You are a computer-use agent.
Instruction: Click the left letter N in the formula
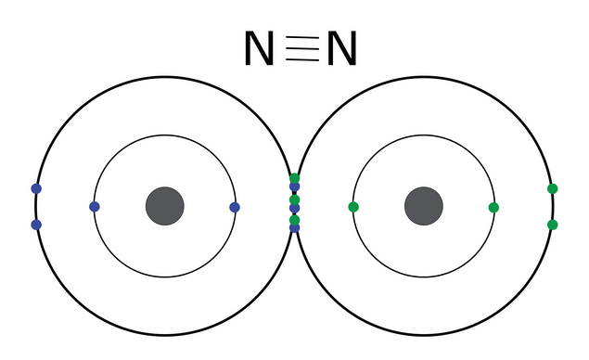click(x=259, y=49)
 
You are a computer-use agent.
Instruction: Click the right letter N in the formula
click(x=340, y=49)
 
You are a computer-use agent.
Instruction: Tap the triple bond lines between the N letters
click(x=300, y=49)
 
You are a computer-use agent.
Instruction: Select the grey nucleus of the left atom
click(x=165, y=206)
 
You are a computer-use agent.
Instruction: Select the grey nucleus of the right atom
click(x=424, y=206)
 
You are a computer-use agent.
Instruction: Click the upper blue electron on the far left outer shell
click(x=36, y=188)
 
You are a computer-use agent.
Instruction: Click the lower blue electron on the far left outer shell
click(x=36, y=225)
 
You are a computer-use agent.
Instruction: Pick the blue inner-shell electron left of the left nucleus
click(x=94, y=206)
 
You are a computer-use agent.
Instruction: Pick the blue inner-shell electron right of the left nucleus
click(x=235, y=207)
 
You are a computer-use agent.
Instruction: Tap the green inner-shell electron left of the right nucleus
click(x=353, y=207)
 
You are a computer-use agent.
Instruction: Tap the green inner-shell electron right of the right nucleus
click(x=493, y=207)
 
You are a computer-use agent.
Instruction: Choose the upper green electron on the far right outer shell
click(x=553, y=188)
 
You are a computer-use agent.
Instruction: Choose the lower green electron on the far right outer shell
click(x=553, y=225)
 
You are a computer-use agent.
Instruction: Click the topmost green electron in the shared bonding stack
click(x=295, y=178)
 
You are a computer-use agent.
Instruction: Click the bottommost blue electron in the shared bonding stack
click(x=295, y=227)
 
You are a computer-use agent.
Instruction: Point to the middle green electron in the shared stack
click(x=295, y=199)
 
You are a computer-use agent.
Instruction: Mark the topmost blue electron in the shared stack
click(x=295, y=187)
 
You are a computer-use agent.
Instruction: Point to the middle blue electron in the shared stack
click(x=295, y=209)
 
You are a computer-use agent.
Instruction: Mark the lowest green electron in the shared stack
click(x=295, y=220)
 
